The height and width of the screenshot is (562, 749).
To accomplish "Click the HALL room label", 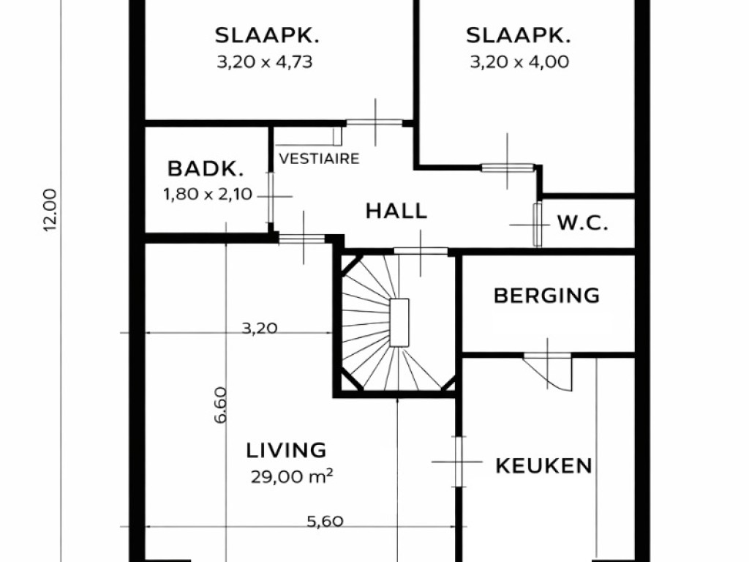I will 396,211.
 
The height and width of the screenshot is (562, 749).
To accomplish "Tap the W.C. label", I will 582,223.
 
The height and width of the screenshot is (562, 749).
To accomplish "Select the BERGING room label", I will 546,296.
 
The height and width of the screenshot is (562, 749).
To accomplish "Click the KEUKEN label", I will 543,465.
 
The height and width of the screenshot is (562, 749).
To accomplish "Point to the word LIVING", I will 286,449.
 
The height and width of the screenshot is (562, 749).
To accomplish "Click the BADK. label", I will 205,169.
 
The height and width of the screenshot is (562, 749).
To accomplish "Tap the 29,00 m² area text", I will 292,477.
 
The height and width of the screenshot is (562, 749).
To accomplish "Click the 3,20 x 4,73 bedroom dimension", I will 265,62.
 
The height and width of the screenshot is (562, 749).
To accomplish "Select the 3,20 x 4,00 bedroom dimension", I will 519,62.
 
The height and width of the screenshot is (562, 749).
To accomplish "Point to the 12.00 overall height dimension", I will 50,210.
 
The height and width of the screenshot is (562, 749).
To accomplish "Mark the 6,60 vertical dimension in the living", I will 220,405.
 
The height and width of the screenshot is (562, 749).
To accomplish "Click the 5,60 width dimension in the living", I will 324,522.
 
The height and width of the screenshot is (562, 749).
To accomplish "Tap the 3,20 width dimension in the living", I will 260,328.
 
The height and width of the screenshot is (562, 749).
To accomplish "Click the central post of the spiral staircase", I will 399,322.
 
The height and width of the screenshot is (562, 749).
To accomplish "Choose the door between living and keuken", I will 458,461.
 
